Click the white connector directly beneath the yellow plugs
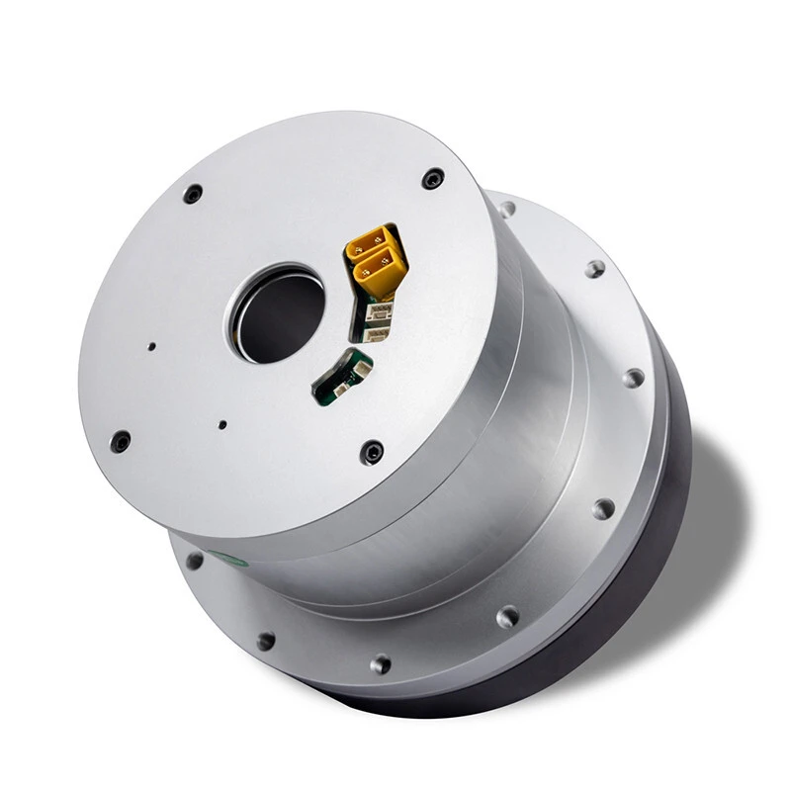coord(378,312)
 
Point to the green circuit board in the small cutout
coord(336,381)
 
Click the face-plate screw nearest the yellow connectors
coord(432,179)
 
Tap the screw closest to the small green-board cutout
coord(373,452)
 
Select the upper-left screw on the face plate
coord(193,193)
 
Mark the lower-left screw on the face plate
coord(121,440)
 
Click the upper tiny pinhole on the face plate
coord(151,347)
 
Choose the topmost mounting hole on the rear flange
coord(506,209)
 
